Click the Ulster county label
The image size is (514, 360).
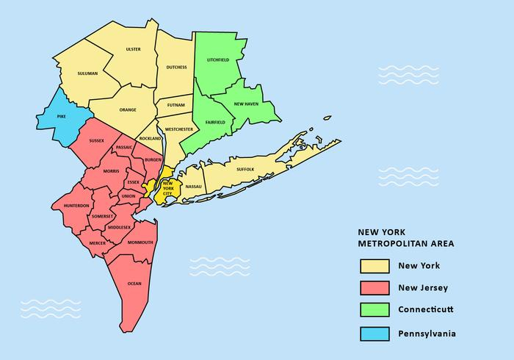coord(133,49)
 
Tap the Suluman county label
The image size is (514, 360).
coord(87,73)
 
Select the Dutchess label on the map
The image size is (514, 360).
coord(176,67)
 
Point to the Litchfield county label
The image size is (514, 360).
coord(218,59)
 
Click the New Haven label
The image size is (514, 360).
coord(246,104)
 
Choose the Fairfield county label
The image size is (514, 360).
coord(215,121)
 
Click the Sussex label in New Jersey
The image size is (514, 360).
coord(96,140)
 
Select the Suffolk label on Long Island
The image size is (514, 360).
coord(245,169)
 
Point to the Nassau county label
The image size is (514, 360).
coord(194,187)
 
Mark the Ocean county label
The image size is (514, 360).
coord(134,283)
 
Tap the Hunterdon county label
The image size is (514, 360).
coord(76,205)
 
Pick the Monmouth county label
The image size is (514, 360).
coord(140,242)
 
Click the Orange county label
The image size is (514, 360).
coord(128,109)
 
